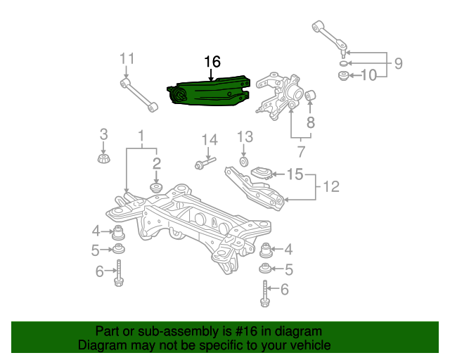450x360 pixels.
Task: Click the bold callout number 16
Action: pyautogui.click(x=212, y=62)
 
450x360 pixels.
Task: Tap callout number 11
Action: pyautogui.click(x=127, y=59)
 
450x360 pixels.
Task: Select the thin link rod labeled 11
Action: pyautogui.click(x=139, y=96)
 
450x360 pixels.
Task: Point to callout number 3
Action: pyautogui.click(x=103, y=134)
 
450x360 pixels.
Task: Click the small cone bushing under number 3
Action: pyautogui.click(x=104, y=159)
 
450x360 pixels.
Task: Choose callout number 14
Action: pyautogui.click(x=210, y=140)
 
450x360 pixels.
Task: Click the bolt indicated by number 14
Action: pyautogui.click(x=205, y=163)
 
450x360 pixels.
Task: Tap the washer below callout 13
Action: pyautogui.click(x=244, y=162)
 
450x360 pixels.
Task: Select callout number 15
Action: pyautogui.click(x=295, y=174)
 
